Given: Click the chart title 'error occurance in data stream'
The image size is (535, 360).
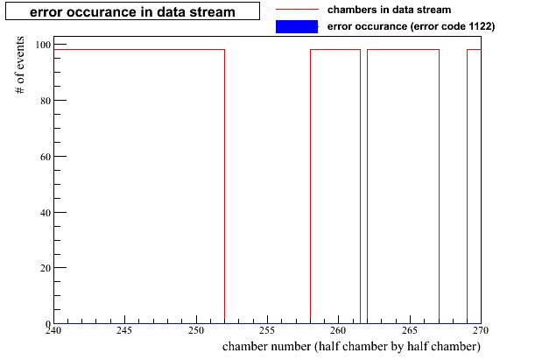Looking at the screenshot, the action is click(132, 12).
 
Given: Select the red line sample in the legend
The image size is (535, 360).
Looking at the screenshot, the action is click(297, 10).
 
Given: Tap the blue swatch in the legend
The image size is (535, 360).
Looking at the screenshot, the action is click(297, 26).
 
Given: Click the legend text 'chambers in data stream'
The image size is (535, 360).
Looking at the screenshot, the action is click(389, 10).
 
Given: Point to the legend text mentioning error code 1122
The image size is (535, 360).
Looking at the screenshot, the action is click(411, 26).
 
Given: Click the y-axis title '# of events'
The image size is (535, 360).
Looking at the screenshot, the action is click(20, 65).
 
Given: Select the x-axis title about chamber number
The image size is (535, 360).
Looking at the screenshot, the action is click(351, 346).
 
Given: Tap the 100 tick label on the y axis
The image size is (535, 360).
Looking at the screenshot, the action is click(43, 45).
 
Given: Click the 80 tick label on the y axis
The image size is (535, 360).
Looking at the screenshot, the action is click(46, 101).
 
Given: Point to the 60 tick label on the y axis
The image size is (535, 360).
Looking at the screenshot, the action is click(46, 157).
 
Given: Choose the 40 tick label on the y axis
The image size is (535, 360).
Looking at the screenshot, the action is click(46, 213).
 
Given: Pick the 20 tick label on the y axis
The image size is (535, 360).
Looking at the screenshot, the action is click(46, 268).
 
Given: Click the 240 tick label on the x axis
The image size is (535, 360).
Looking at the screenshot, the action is click(53, 330).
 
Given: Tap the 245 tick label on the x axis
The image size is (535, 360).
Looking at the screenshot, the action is click(124, 330).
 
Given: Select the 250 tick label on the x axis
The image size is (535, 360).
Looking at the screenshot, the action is click(196, 330).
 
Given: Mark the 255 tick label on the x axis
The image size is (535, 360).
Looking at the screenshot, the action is click(267, 330).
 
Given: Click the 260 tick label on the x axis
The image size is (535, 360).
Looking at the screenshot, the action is click(338, 330).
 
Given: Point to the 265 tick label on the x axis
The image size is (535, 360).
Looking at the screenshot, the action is click(410, 330).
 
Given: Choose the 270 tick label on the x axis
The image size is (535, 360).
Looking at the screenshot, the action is click(481, 330).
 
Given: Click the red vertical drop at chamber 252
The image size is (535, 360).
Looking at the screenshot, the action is click(224, 187).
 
